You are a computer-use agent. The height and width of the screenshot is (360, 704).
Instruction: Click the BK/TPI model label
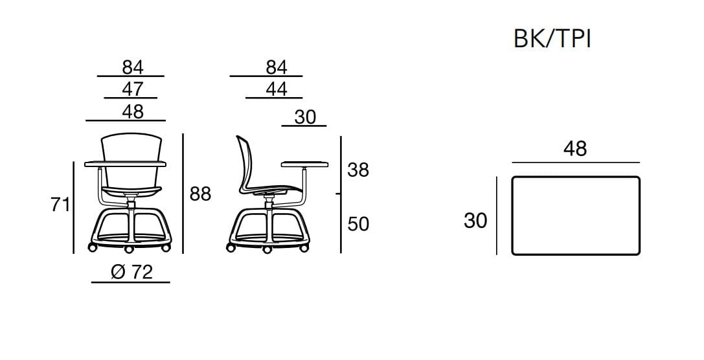point(552,39)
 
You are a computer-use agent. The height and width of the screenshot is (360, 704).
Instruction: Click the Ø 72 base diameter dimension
point(131,272)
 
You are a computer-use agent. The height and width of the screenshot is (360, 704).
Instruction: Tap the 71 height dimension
point(60,205)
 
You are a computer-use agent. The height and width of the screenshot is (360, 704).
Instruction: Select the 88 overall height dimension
point(200,194)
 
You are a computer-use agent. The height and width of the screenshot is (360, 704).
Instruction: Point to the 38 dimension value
point(358,170)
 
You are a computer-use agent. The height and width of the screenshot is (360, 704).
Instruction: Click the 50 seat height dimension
point(358,224)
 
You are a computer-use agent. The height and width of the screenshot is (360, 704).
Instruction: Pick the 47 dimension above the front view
point(133,89)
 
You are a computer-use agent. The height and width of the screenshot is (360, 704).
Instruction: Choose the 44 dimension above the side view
point(277,89)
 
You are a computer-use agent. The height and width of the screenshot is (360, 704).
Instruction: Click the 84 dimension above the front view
point(133,67)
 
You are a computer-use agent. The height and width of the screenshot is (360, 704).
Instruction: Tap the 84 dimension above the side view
point(277,67)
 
